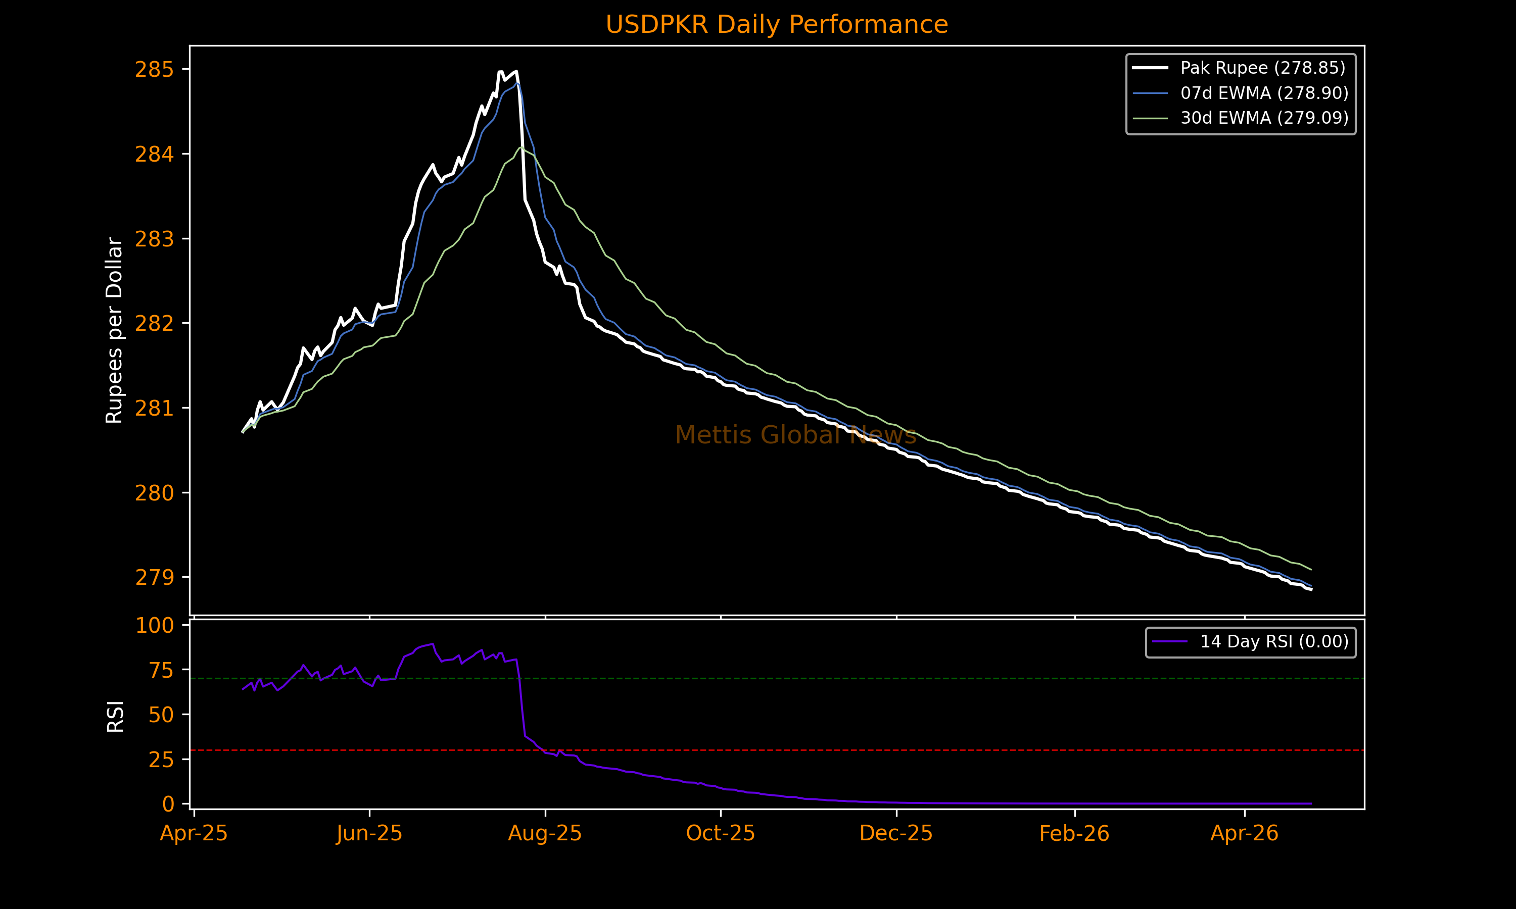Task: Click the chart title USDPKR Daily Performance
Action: pyautogui.click(x=776, y=25)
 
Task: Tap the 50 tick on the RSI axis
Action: pyautogui.click(x=161, y=715)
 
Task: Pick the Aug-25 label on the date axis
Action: pyautogui.click(x=545, y=834)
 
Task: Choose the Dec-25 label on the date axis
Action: pyautogui.click(x=896, y=834)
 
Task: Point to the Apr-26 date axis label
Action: pyautogui.click(x=1244, y=834)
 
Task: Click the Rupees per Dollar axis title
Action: pyautogui.click(x=115, y=330)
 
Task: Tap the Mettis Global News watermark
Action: pyautogui.click(x=795, y=435)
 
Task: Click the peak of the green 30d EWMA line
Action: pyautogui.click(x=521, y=147)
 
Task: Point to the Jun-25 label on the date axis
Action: pyautogui.click(x=369, y=834)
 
